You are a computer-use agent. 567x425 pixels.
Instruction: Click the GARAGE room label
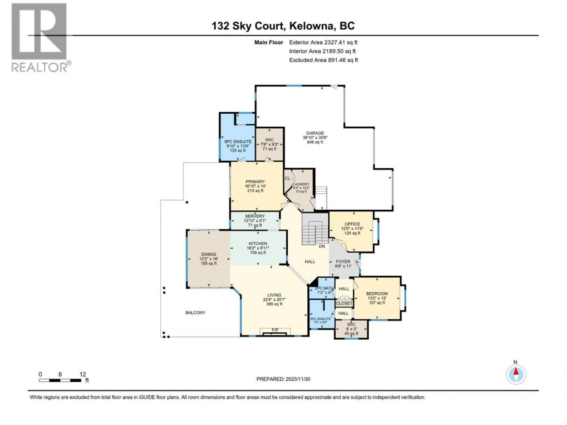pos(315,133)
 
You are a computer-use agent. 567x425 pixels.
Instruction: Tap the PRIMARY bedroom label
pos(255,182)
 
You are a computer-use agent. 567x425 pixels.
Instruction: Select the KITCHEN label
pos(258,243)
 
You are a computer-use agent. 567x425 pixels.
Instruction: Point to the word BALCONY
pos(195,313)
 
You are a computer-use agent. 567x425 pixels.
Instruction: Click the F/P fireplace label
pos(275,330)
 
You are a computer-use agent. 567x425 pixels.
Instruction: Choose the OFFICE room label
pos(353,224)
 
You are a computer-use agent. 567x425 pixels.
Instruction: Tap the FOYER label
pos(343,261)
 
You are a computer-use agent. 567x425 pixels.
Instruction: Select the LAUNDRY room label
pos(301,184)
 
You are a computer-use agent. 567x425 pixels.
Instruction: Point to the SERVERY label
pos(255,216)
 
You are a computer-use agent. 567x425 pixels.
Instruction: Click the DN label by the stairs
pos(322,247)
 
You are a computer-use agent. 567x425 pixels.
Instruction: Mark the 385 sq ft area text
pos(274,304)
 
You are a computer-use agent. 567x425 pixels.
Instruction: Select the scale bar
pos(60,380)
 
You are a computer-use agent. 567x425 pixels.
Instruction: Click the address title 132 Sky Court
pos(248,26)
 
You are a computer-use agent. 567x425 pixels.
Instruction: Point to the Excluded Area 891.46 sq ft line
pos(324,60)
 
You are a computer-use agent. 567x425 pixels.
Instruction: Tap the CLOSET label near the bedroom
pos(344,303)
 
